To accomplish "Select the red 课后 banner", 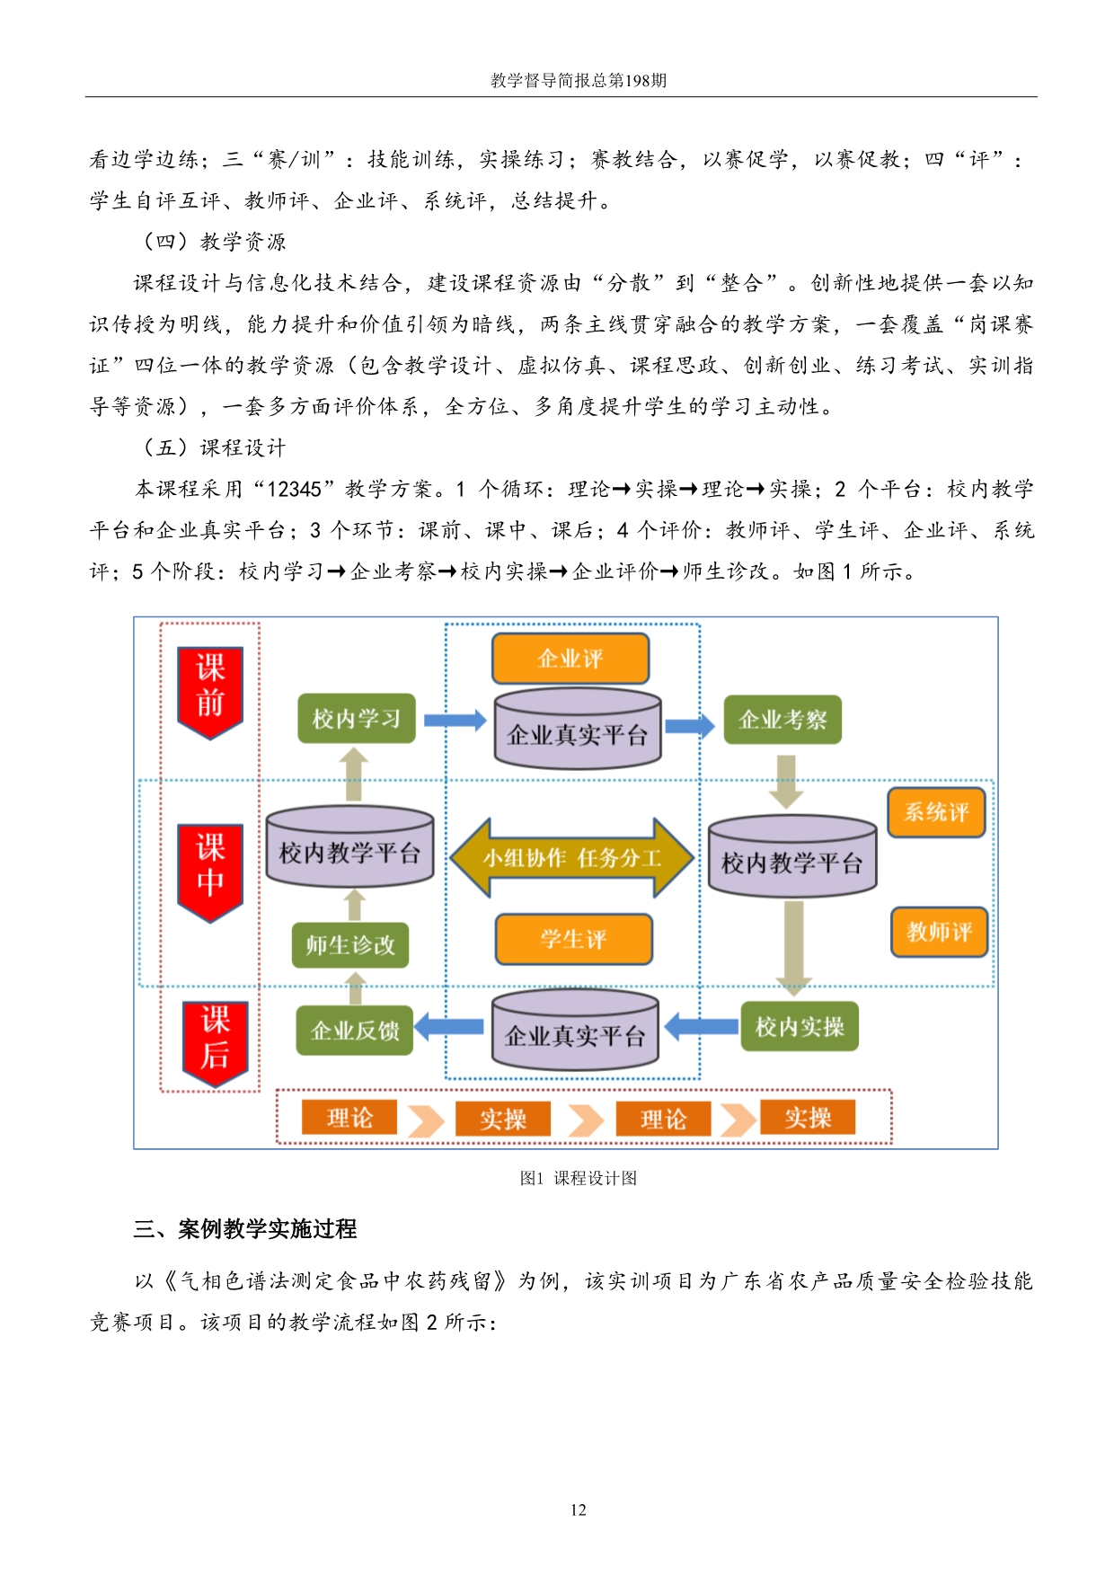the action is point(215,1043).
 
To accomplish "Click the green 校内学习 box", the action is point(357,718).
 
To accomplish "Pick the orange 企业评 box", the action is point(570,659).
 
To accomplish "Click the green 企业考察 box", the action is point(782,720).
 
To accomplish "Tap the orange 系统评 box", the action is point(937,812).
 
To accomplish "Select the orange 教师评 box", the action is point(940,932).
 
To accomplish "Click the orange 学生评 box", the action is point(574,940).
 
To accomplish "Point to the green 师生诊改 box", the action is point(350,944).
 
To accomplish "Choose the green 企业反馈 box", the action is point(355,1030).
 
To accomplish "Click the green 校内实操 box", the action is point(800,1026).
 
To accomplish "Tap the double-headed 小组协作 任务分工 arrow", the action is point(572,858).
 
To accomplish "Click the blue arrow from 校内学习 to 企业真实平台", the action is point(455,720).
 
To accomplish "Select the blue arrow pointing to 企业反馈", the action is point(449,1027).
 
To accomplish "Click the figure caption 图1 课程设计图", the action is point(579,1178).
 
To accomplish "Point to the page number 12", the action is point(579,1510).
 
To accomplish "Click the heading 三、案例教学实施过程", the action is point(245,1228).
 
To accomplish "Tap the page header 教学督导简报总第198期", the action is point(579,80).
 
